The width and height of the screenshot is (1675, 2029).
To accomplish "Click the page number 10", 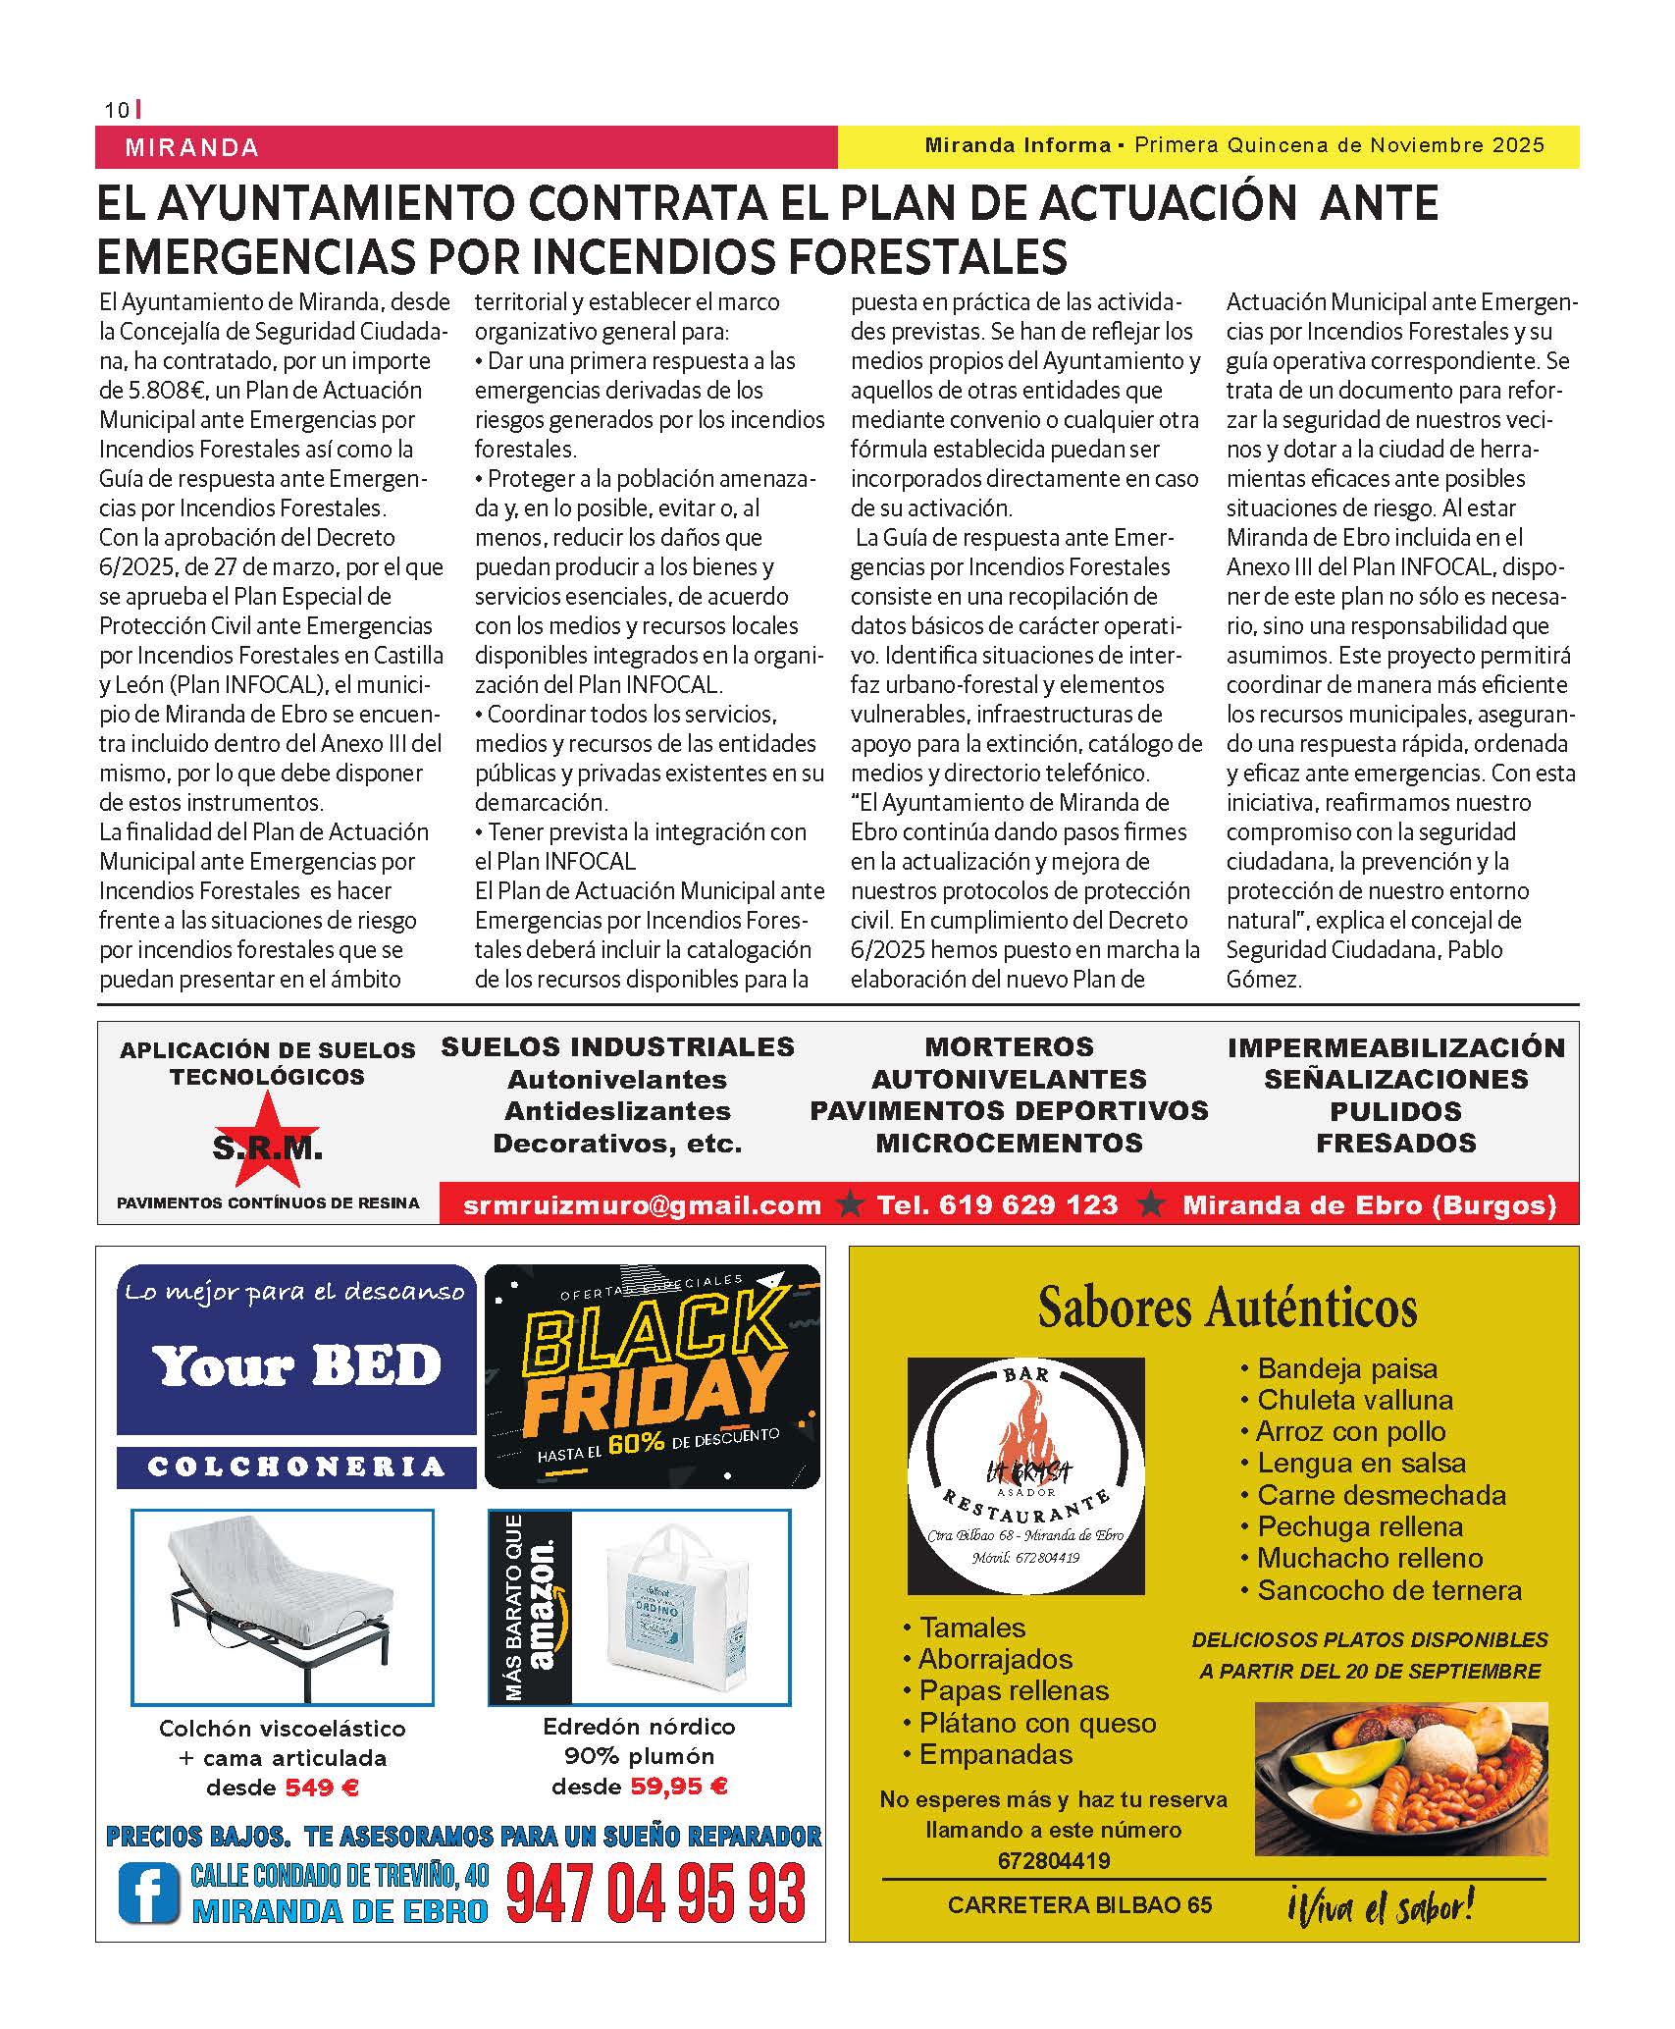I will [x=117, y=110].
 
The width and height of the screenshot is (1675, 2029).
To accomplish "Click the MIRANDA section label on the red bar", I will [x=192, y=148].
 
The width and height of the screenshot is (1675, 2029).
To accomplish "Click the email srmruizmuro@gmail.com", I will [x=642, y=1204].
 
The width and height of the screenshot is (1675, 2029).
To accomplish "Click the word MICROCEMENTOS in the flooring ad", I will [x=1009, y=1143].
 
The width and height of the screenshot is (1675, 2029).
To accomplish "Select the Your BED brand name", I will [x=296, y=1365].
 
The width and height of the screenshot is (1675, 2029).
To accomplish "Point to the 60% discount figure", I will [x=636, y=1443].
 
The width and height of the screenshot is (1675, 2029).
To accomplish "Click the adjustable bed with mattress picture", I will [x=283, y=1602].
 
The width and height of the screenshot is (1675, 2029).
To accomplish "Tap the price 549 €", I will [x=322, y=1788].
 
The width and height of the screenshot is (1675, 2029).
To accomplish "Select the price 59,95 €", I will [x=678, y=1786].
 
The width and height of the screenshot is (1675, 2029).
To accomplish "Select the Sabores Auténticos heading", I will [x=1228, y=1308].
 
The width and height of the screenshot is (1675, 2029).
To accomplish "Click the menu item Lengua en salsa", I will [x=1361, y=1463].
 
